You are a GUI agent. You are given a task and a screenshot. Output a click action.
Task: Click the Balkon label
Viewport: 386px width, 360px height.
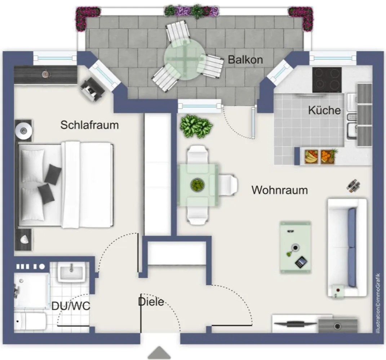(245, 60)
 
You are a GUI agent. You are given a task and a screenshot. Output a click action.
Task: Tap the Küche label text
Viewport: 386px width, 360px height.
(324, 110)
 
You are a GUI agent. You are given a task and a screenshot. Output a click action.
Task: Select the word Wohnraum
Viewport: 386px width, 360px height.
(280, 190)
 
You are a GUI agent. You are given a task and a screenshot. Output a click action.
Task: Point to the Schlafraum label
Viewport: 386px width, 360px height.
(90, 125)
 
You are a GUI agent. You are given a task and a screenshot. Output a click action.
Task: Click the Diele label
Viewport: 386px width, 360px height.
(151, 302)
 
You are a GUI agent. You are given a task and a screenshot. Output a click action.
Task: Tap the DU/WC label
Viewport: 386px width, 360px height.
(71, 306)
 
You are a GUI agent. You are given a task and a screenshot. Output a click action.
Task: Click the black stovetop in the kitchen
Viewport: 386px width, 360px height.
(327, 80)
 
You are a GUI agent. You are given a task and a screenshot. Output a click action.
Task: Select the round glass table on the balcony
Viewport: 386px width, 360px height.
(184, 59)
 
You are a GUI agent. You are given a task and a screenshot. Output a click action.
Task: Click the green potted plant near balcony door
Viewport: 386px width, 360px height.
(196, 126)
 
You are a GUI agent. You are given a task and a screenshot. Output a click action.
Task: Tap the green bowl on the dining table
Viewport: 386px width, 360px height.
(198, 185)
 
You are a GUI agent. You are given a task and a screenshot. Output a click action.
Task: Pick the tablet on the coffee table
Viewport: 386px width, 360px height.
(301, 262)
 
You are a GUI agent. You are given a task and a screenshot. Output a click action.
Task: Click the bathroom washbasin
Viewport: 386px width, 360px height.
(72, 272)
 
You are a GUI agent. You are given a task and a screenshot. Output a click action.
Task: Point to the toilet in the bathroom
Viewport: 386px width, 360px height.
(30, 321)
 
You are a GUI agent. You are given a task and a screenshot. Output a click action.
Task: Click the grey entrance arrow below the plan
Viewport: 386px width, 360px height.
(159, 353)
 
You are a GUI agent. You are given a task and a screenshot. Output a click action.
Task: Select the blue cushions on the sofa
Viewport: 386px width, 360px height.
(352, 247)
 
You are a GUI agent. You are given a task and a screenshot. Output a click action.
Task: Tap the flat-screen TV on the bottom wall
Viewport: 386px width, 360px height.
(296, 324)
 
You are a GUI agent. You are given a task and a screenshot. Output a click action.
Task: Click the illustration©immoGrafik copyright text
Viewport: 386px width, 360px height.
(378, 303)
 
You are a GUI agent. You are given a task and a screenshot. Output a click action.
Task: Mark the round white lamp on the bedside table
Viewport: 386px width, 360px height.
(23, 130)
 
